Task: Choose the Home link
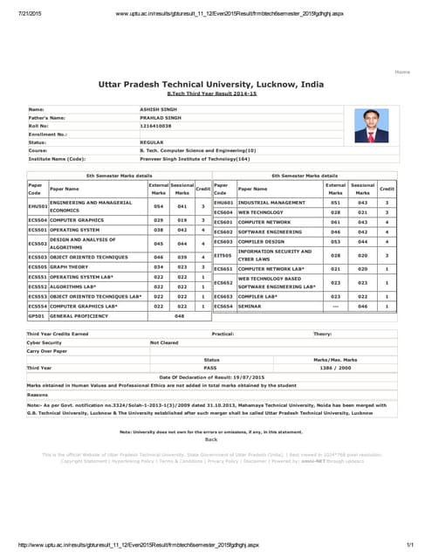(402, 71)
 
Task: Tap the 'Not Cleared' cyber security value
(165, 343)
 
